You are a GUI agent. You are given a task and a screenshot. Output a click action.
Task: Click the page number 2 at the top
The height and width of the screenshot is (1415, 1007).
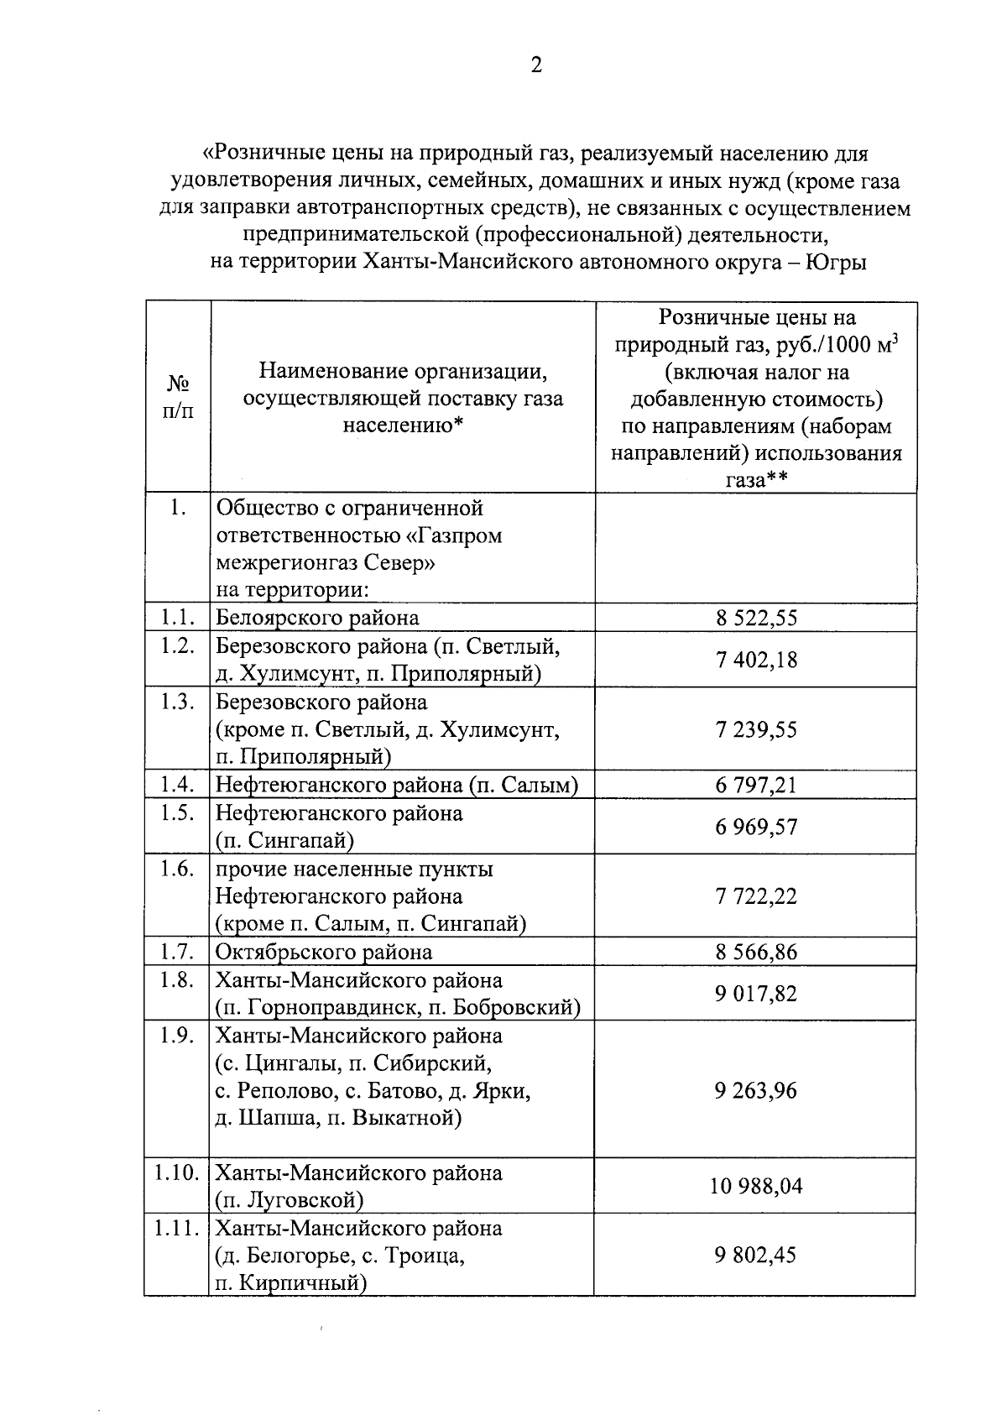coord(536,65)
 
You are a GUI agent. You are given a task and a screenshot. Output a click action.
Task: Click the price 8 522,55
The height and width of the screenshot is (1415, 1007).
coord(756,619)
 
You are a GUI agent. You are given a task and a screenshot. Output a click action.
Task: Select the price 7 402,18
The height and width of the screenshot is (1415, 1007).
coord(756,660)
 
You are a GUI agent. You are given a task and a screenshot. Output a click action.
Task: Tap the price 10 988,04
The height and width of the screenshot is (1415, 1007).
coord(756,1187)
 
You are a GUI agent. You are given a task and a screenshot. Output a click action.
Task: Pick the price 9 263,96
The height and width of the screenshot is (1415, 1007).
coord(756,1090)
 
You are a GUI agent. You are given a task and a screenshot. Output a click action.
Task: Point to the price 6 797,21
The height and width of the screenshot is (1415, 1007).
coord(756,786)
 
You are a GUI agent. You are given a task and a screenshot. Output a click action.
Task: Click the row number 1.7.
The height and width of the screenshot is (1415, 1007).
coord(177,952)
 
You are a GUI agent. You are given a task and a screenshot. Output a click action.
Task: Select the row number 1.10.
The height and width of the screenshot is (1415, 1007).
coord(176,1172)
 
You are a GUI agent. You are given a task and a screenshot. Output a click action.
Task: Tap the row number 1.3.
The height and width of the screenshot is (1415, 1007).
coord(177,702)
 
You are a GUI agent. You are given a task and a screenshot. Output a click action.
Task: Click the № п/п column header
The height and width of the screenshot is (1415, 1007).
coord(177,398)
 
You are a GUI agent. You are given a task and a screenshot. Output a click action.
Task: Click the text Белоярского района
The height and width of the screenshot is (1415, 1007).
coord(317,619)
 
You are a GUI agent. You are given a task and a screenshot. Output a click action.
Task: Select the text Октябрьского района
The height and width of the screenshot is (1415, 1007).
coord(324,953)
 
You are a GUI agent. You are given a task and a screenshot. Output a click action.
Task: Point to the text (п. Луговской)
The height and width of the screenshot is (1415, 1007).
coord(290,1200)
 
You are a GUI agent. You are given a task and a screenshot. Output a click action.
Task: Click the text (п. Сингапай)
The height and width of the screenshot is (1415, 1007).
coord(284,841)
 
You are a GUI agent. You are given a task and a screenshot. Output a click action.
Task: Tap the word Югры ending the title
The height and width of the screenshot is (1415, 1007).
coord(836,263)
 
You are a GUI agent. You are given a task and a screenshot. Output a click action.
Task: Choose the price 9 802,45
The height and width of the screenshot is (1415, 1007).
coord(756,1256)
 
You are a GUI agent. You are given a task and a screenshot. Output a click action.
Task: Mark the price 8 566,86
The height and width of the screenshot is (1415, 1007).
coord(756,953)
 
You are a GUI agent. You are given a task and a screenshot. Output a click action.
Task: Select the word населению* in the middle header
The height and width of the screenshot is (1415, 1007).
coord(403,426)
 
